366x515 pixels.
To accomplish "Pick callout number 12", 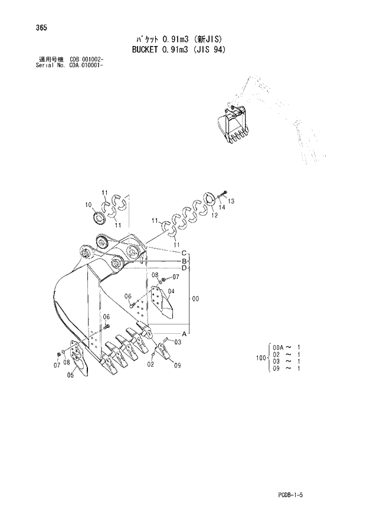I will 214,215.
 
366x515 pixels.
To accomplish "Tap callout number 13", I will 231,201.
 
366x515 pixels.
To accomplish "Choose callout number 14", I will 222,208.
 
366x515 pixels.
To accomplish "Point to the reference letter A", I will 184,333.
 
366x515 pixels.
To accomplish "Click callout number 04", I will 171,291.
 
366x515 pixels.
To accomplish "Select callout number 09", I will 177,366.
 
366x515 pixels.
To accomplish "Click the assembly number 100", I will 260,357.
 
